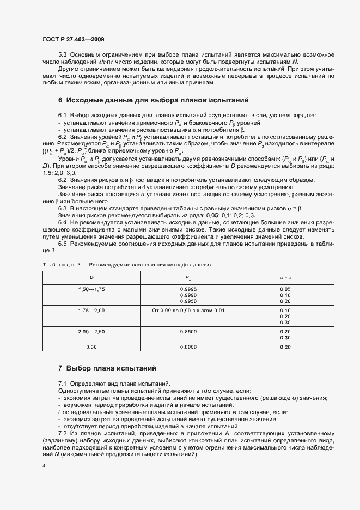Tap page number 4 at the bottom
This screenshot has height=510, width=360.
(x=44, y=466)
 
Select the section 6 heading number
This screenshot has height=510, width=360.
(x=60, y=100)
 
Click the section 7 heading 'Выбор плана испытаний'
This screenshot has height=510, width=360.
(x=111, y=368)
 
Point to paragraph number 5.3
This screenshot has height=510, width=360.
(x=63, y=56)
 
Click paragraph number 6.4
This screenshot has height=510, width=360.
(x=63, y=222)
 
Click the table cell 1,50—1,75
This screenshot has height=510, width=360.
(x=91, y=288)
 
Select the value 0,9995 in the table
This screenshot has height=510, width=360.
(x=187, y=288)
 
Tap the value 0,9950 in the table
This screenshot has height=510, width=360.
(x=187, y=301)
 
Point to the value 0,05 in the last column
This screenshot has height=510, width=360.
(x=285, y=288)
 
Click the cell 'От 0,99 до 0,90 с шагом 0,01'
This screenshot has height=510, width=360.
(x=187, y=310)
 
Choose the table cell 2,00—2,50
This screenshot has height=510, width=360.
(x=91, y=331)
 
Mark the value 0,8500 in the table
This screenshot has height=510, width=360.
(x=187, y=331)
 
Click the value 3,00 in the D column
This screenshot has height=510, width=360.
(x=91, y=347)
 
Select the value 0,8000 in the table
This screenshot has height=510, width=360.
(x=187, y=347)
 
